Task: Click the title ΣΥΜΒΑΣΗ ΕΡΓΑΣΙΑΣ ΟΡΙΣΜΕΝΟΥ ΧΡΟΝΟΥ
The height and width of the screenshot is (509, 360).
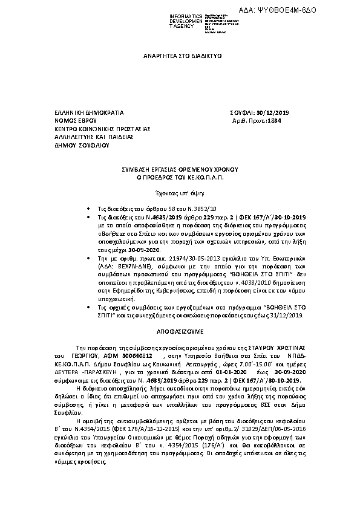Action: coord(179,170)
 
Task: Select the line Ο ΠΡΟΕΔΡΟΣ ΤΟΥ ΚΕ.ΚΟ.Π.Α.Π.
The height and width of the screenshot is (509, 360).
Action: coord(179,179)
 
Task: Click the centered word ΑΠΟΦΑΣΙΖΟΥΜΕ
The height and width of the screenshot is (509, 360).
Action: coord(180,332)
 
